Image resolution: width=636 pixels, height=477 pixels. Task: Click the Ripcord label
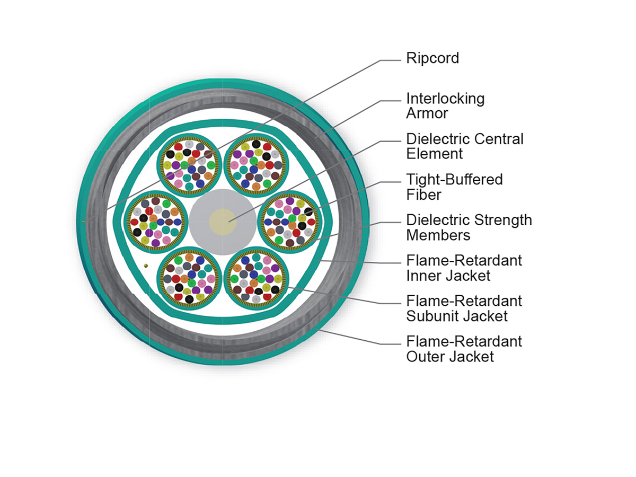click(x=432, y=58)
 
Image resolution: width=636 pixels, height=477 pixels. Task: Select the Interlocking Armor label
click(x=445, y=106)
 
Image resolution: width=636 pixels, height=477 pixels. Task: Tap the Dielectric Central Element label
click(x=464, y=146)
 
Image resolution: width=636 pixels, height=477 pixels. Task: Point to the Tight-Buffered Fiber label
click(x=454, y=187)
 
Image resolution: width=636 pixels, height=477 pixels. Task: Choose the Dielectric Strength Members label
click(x=469, y=227)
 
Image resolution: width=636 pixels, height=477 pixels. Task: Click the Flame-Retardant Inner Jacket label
click(x=464, y=268)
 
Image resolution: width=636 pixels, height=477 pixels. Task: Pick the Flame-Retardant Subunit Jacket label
click(x=464, y=308)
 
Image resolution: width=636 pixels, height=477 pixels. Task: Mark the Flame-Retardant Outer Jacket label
click(x=464, y=348)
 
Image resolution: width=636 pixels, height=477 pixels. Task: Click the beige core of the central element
click(x=223, y=222)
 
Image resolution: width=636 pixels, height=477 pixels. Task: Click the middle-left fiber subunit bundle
click(x=155, y=222)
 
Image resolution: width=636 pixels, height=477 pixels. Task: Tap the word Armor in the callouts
click(x=427, y=113)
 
